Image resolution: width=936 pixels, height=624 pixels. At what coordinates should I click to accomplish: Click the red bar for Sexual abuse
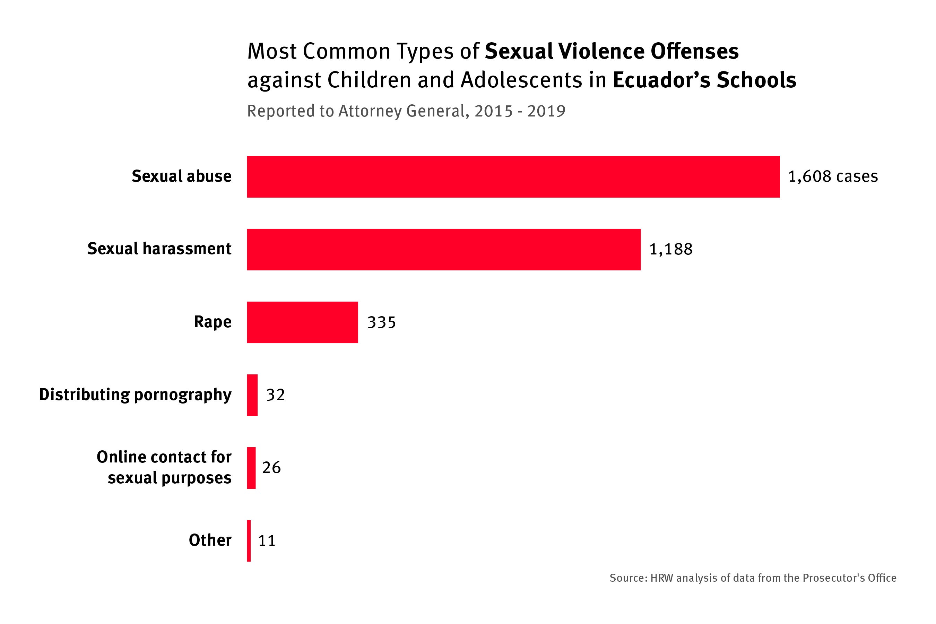513,177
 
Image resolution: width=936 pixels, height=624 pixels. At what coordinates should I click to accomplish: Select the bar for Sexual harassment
443,250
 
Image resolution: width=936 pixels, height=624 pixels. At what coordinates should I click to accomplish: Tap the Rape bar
302,322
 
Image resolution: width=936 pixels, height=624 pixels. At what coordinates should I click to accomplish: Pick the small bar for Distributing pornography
252,395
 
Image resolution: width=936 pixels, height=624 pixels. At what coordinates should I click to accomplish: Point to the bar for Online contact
251,468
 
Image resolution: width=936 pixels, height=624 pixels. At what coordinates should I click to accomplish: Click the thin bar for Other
249,541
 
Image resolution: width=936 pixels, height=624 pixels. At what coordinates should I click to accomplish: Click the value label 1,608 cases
833,176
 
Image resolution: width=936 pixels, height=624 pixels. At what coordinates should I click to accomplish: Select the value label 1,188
670,249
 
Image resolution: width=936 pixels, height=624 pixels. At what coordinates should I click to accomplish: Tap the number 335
381,322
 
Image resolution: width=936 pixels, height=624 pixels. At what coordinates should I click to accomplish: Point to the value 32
275,395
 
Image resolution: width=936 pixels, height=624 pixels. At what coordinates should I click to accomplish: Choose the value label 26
271,467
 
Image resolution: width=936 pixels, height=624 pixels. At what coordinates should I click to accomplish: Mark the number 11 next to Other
267,540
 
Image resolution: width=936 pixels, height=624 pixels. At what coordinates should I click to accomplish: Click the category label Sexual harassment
159,249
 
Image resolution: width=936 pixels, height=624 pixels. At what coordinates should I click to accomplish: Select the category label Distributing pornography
135,395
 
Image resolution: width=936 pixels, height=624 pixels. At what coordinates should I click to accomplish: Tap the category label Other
210,540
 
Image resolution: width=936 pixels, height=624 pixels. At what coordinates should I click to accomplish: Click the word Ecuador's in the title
661,80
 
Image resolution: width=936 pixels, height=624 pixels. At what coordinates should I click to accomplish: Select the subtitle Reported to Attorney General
356,111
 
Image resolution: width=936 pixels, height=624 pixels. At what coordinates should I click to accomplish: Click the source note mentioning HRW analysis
753,578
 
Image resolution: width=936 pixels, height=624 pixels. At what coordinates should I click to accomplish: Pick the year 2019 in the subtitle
546,111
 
